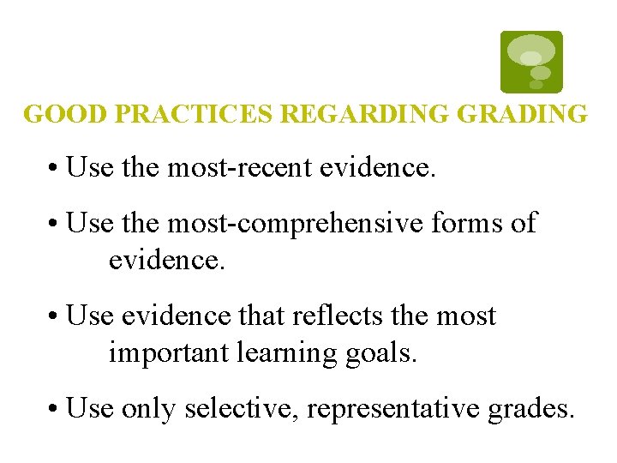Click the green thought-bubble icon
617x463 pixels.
[x=531, y=61]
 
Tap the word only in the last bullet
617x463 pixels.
[x=148, y=409]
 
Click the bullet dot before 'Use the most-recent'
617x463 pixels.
[x=53, y=169]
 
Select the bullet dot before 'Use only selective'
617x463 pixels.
[x=53, y=410]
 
